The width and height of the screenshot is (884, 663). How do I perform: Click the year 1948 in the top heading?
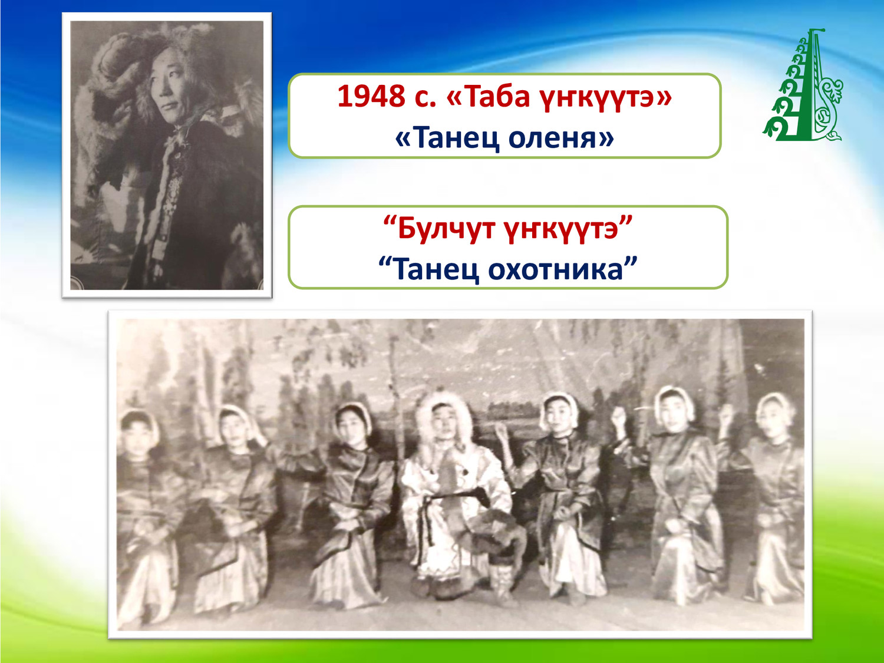point(371,97)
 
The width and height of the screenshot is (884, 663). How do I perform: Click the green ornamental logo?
point(802,85)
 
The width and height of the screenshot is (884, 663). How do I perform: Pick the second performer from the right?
point(681,495)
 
